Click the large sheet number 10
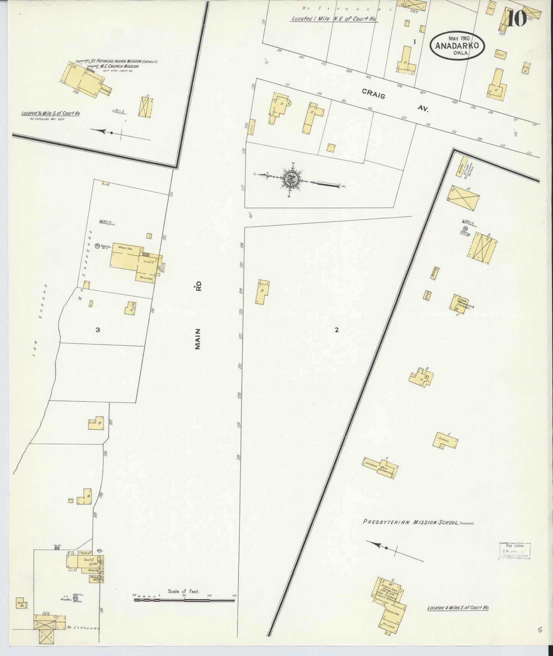(517, 19)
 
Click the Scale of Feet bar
(184, 601)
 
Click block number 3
(98, 330)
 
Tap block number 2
(337, 330)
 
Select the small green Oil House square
(57, 548)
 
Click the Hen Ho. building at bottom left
(21, 603)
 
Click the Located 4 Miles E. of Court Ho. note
(458, 607)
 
